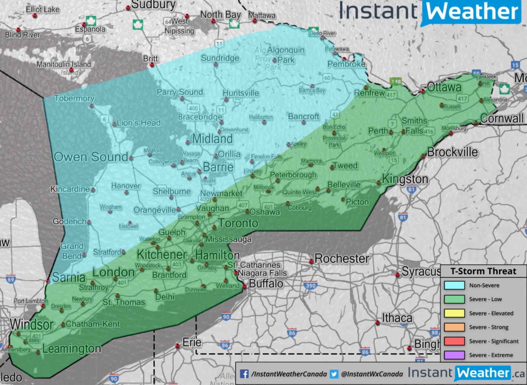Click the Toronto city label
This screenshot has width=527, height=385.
click(238, 223)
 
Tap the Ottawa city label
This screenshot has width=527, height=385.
click(444, 87)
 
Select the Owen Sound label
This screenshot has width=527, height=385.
click(91, 157)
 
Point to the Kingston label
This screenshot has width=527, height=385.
click(405, 179)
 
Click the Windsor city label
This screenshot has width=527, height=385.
click(32, 324)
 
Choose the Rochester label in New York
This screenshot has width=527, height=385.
click(342, 258)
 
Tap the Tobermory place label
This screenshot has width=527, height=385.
click(74, 98)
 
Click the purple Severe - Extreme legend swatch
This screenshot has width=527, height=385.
click(454, 355)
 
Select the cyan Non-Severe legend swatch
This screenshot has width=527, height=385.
click(454, 285)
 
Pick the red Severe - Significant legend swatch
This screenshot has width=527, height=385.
click(454, 341)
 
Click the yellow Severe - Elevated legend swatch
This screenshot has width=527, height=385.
click(454, 313)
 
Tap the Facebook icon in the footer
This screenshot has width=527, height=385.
click(244, 374)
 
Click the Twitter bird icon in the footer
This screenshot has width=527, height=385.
click(334, 374)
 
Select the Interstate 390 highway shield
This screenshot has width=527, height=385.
click(311, 286)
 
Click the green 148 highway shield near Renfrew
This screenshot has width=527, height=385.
click(396, 82)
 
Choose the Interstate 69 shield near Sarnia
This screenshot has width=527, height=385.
click(11, 279)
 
